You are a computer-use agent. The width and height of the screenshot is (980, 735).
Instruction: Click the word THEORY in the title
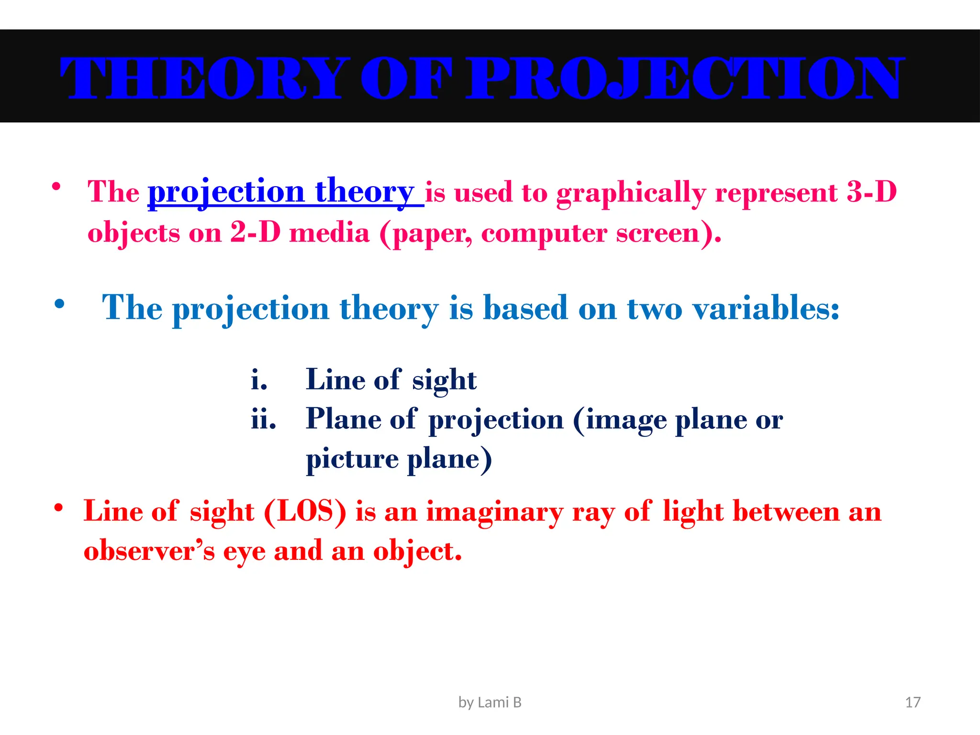[x=201, y=78]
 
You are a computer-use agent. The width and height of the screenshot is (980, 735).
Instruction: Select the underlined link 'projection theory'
[x=285, y=192]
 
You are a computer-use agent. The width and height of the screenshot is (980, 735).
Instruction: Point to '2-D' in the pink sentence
[x=255, y=233]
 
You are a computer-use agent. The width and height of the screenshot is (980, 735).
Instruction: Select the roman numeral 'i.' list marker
[x=259, y=380]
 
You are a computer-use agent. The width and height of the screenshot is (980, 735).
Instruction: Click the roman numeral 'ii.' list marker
[x=264, y=420]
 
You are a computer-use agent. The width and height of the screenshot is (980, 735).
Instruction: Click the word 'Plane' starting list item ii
[x=343, y=419]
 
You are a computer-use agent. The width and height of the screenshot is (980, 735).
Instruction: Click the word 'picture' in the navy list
[x=352, y=459]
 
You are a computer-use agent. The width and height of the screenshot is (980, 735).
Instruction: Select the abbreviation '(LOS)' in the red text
[x=305, y=512]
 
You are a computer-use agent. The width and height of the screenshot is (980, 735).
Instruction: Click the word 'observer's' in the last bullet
[x=149, y=551]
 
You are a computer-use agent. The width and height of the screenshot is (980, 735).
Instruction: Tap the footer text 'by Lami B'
[x=490, y=702]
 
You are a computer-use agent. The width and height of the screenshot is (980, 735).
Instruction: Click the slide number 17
[x=913, y=702]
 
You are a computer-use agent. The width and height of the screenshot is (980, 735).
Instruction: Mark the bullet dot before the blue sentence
[x=59, y=304]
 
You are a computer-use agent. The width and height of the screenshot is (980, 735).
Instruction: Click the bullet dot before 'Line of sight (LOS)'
[x=58, y=508]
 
